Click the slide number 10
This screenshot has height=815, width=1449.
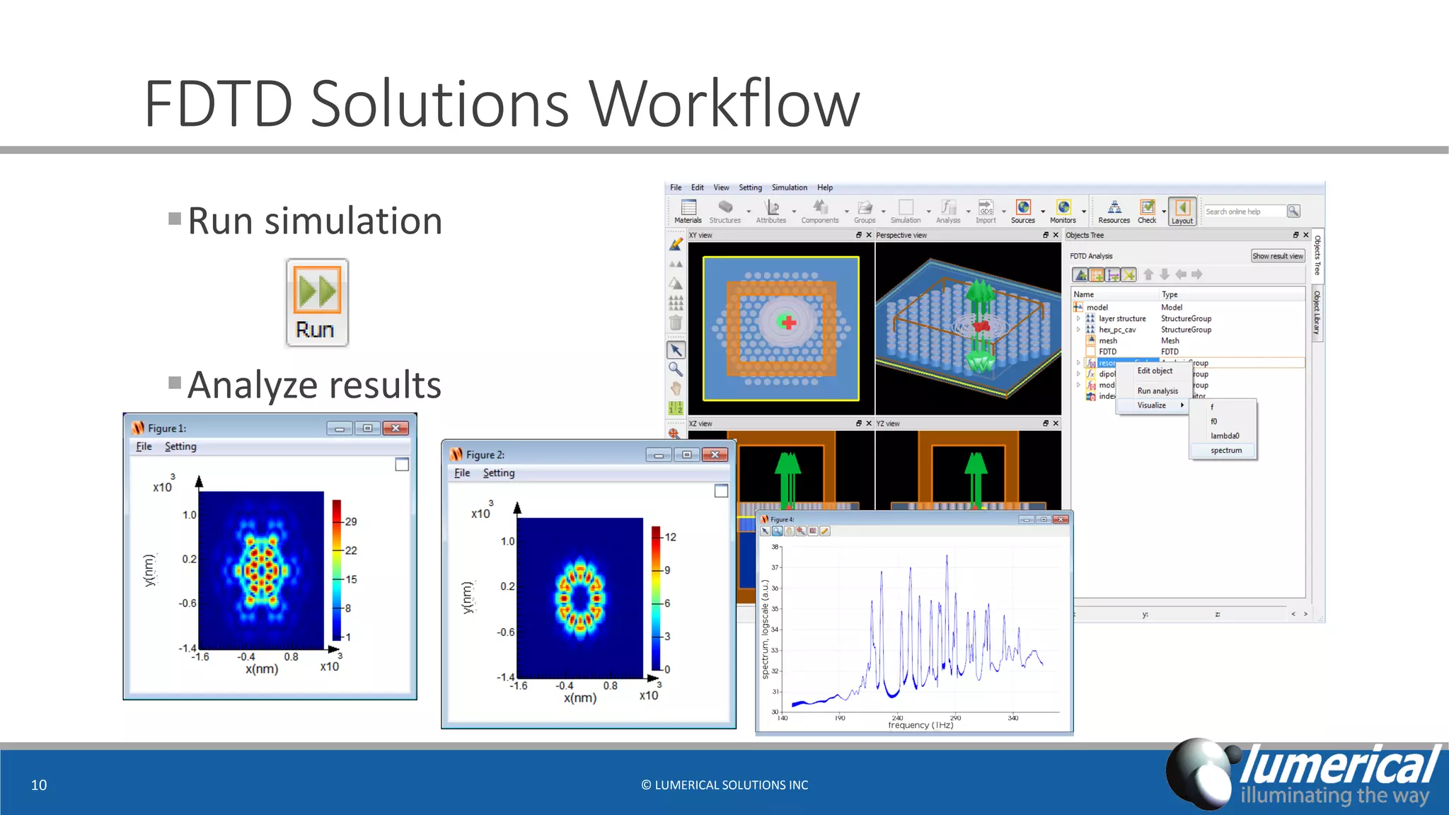pos(39,785)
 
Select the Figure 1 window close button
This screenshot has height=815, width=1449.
pos(396,428)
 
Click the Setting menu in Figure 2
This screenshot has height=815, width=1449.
pos(498,473)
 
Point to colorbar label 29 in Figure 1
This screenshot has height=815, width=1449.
pos(351,521)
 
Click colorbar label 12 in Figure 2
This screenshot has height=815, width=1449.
pos(670,537)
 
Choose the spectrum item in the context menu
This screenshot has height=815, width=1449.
pos(1225,450)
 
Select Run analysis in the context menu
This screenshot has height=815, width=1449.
pos(1158,391)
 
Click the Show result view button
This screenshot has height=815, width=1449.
pos(1277,256)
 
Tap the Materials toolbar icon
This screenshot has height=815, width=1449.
pos(688,211)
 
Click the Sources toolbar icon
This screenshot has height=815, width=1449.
pos(1022,211)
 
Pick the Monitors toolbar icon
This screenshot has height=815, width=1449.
pos(1063,211)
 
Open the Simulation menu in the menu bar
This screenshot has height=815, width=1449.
pos(789,187)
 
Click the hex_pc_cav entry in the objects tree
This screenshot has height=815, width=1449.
pos(1117,330)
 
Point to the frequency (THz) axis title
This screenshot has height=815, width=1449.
pos(920,725)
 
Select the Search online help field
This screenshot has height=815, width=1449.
pos(1243,212)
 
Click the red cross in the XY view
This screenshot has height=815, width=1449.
pos(788,323)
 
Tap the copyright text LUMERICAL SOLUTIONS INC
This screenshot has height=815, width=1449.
pos(724,785)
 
